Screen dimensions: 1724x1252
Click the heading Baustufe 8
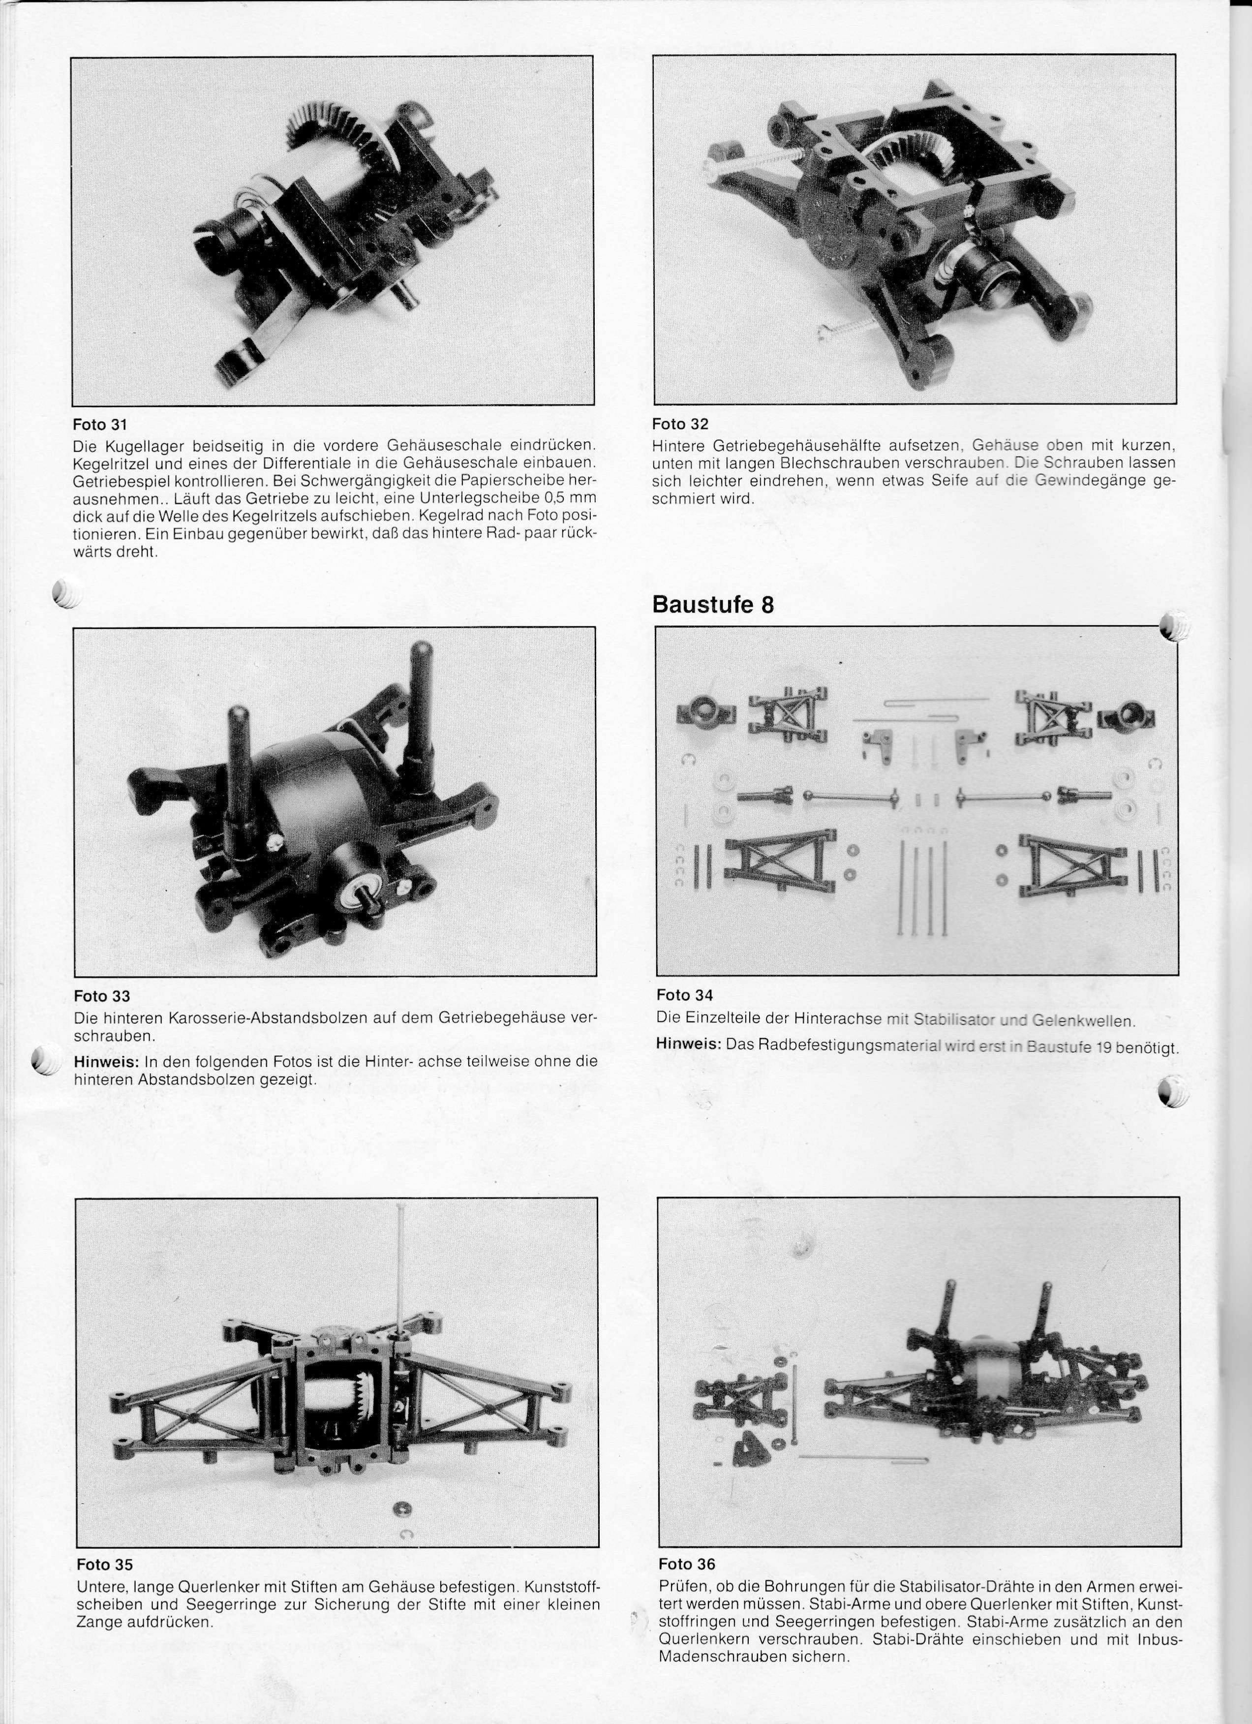coord(713,605)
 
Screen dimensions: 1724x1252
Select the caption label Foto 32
coord(679,424)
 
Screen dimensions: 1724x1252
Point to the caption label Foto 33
coord(102,996)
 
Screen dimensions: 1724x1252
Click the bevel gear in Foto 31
coord(335,133)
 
